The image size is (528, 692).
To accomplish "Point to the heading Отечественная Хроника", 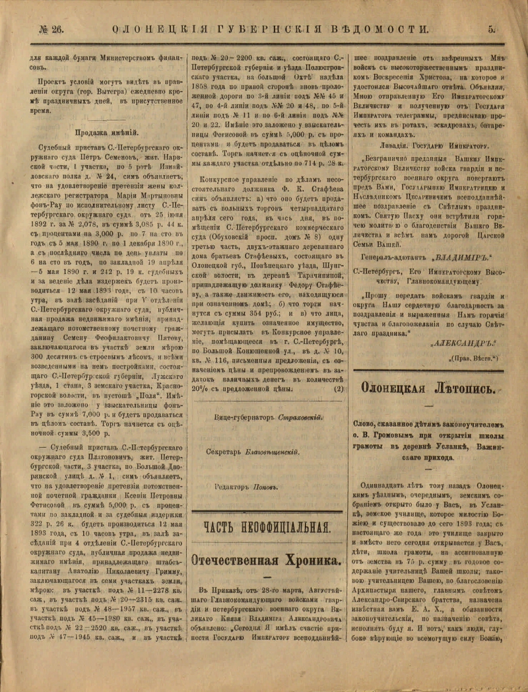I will click(266, 560).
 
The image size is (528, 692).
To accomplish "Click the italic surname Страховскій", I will click(300, 417).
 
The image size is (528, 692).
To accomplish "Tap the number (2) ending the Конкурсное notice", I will click(339, 388).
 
